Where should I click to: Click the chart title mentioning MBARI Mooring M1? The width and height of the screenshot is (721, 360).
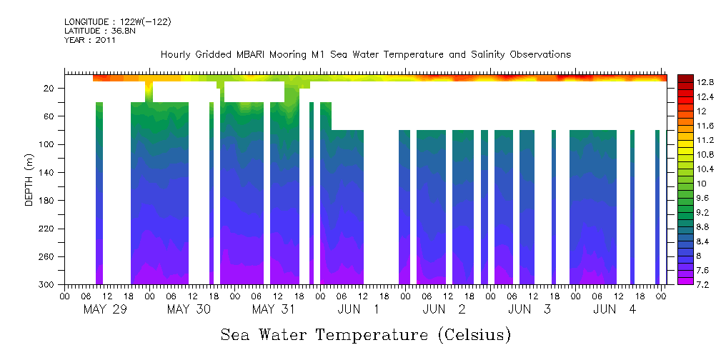[365, 54]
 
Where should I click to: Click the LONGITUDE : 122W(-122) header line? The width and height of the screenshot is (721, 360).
[117, 22]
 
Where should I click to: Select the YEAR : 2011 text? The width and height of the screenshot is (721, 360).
[90, 40]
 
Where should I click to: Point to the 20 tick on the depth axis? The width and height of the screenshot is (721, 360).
[49, 89]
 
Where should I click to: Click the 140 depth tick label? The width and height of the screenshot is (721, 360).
[47, 173]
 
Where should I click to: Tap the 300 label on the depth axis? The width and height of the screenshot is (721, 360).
[47, 284]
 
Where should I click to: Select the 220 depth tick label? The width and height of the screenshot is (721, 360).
[47, 229]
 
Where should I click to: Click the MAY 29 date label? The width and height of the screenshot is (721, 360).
[106, 309]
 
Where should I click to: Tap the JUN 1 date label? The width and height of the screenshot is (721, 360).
[359, 309]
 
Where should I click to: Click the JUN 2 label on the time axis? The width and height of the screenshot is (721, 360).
[444, 309]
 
